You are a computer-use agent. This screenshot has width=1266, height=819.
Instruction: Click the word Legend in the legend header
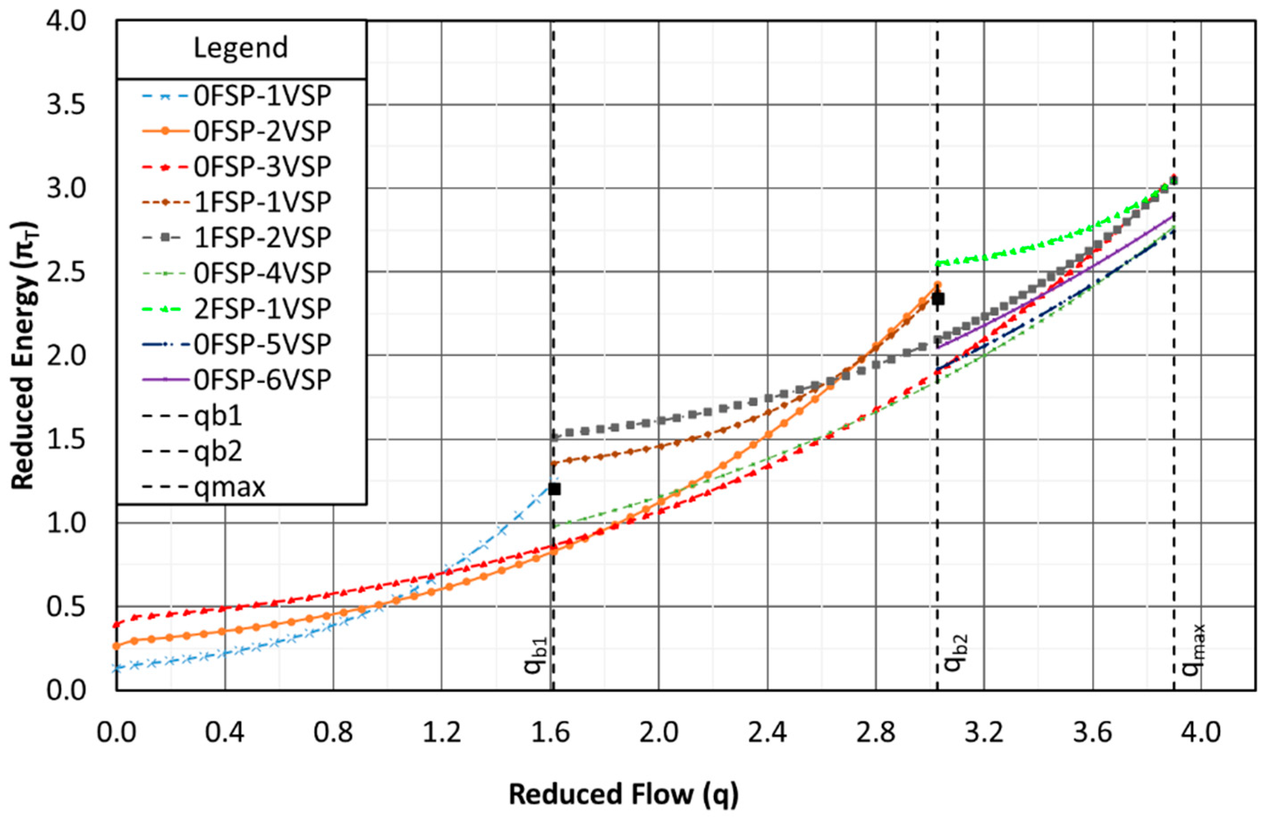[x=241, y=48]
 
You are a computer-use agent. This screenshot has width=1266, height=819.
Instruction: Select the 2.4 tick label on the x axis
[x=767, y=733]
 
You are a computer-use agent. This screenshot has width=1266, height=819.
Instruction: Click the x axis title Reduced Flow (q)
[x=623, y=794]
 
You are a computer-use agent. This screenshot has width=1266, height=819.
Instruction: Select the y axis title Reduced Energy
[x=24, y=355]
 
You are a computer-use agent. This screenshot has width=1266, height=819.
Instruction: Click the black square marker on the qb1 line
[x=554, y=488]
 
